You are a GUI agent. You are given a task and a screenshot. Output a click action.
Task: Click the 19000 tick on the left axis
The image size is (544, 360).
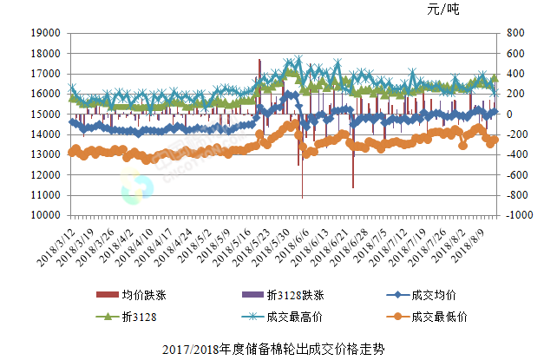pos(45,33)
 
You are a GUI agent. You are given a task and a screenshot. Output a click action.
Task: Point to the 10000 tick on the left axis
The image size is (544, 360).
pos(45,217)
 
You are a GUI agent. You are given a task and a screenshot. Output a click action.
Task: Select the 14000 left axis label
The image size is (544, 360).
pos(45,135)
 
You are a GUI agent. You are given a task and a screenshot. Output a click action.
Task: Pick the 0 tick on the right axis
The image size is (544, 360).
pos(504,115)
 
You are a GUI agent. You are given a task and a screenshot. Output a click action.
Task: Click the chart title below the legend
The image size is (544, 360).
pos(272,350)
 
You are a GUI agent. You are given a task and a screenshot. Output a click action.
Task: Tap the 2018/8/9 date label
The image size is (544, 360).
pos(475,247)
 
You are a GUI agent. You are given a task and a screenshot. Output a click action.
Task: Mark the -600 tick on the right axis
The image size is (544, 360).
pos(512,176)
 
